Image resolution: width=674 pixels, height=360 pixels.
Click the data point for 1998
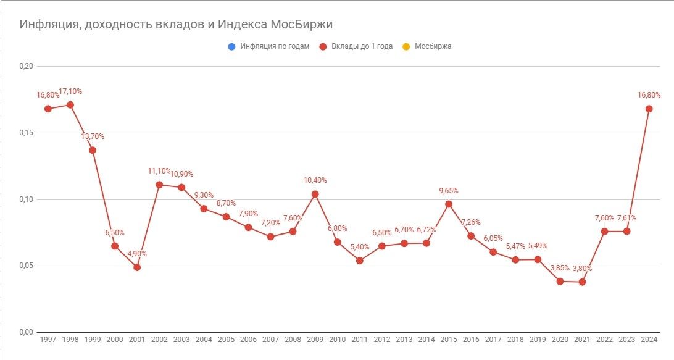pyautogui.click(x=70, y=105)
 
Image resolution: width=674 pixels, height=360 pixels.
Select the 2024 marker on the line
pyautogui.click(x=649, y=109)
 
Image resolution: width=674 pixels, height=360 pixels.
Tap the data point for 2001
pyautogui.click(x=137, y=267)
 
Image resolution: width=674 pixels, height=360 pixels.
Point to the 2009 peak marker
pyautogui.click(x=315, y=194)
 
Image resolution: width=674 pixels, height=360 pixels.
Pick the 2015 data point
pyautogui.click(x=449, y=204)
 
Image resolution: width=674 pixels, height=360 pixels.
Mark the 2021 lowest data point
pyautogui.click(x=582, y=282)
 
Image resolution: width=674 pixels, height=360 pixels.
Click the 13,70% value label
pyautogui.click(x=93, y=136)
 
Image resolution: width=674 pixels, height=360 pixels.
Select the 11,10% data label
pyautogui.click(x=159, y=171)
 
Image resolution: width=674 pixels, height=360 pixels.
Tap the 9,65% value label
pyautogui.click(x=448, y=190)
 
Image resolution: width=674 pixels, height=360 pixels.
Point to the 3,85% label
pyautogui.click(x=560, y=267)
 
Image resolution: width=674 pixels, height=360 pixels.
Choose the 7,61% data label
pyautogui.click(x=626, y=217)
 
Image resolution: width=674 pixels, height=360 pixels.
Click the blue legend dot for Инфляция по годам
pyautogui.click(x=231, y=46)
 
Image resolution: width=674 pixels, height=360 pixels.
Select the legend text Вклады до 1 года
pyautogui.click(x=362, y=46)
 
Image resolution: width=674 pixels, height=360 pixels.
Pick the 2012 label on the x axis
pyautogui.click(x=382, y=340)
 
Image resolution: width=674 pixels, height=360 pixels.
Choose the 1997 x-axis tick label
pyautogui.click(x=48, y=340)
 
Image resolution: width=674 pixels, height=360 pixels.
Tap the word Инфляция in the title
pyautogui.click(x=48, y=25)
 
